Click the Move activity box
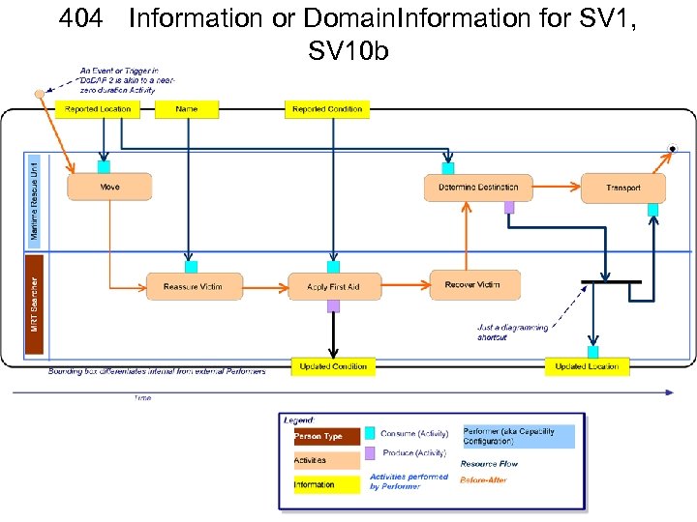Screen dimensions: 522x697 [109, 187]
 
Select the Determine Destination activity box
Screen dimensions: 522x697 [478, 188]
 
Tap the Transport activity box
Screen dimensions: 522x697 [623, 188]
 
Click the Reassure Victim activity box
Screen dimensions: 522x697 [193, 287]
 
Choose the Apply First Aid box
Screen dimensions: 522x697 [332, 287]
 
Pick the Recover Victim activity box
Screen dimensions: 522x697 [473, 285]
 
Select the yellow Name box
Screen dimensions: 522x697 [187, 109]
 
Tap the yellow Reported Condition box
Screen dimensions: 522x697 [327, 109]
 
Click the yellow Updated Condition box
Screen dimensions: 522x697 [333, 366]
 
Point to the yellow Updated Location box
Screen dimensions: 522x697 [587, 366]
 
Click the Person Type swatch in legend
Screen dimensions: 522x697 [326, 437]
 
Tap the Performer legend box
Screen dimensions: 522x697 [518, 437]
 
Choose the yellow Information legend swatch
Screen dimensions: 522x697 [326, 484]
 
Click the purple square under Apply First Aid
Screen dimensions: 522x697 [333, 306]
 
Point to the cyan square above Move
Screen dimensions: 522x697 [104, 166]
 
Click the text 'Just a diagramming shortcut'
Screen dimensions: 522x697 [512, 333]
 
